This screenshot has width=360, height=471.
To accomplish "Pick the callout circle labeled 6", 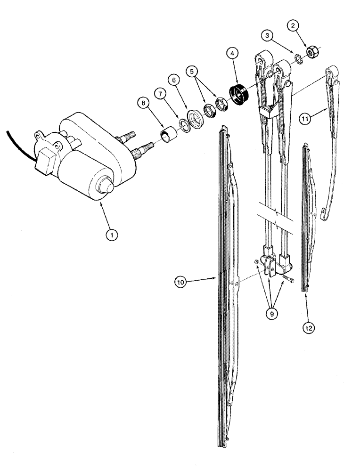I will (174, 81).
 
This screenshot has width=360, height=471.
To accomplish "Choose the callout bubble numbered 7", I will (160, 94).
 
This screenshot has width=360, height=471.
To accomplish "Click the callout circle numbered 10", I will (181, 283).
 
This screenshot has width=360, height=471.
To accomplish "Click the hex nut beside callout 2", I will (311, 51).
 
